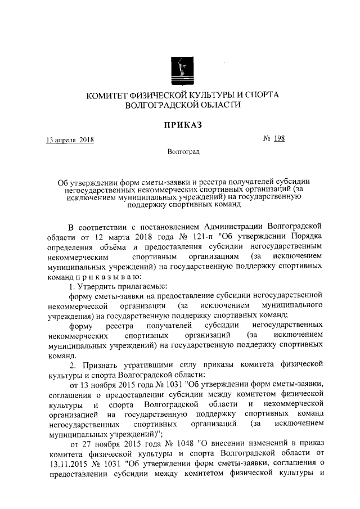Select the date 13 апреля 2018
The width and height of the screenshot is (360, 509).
tap(70, 139)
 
